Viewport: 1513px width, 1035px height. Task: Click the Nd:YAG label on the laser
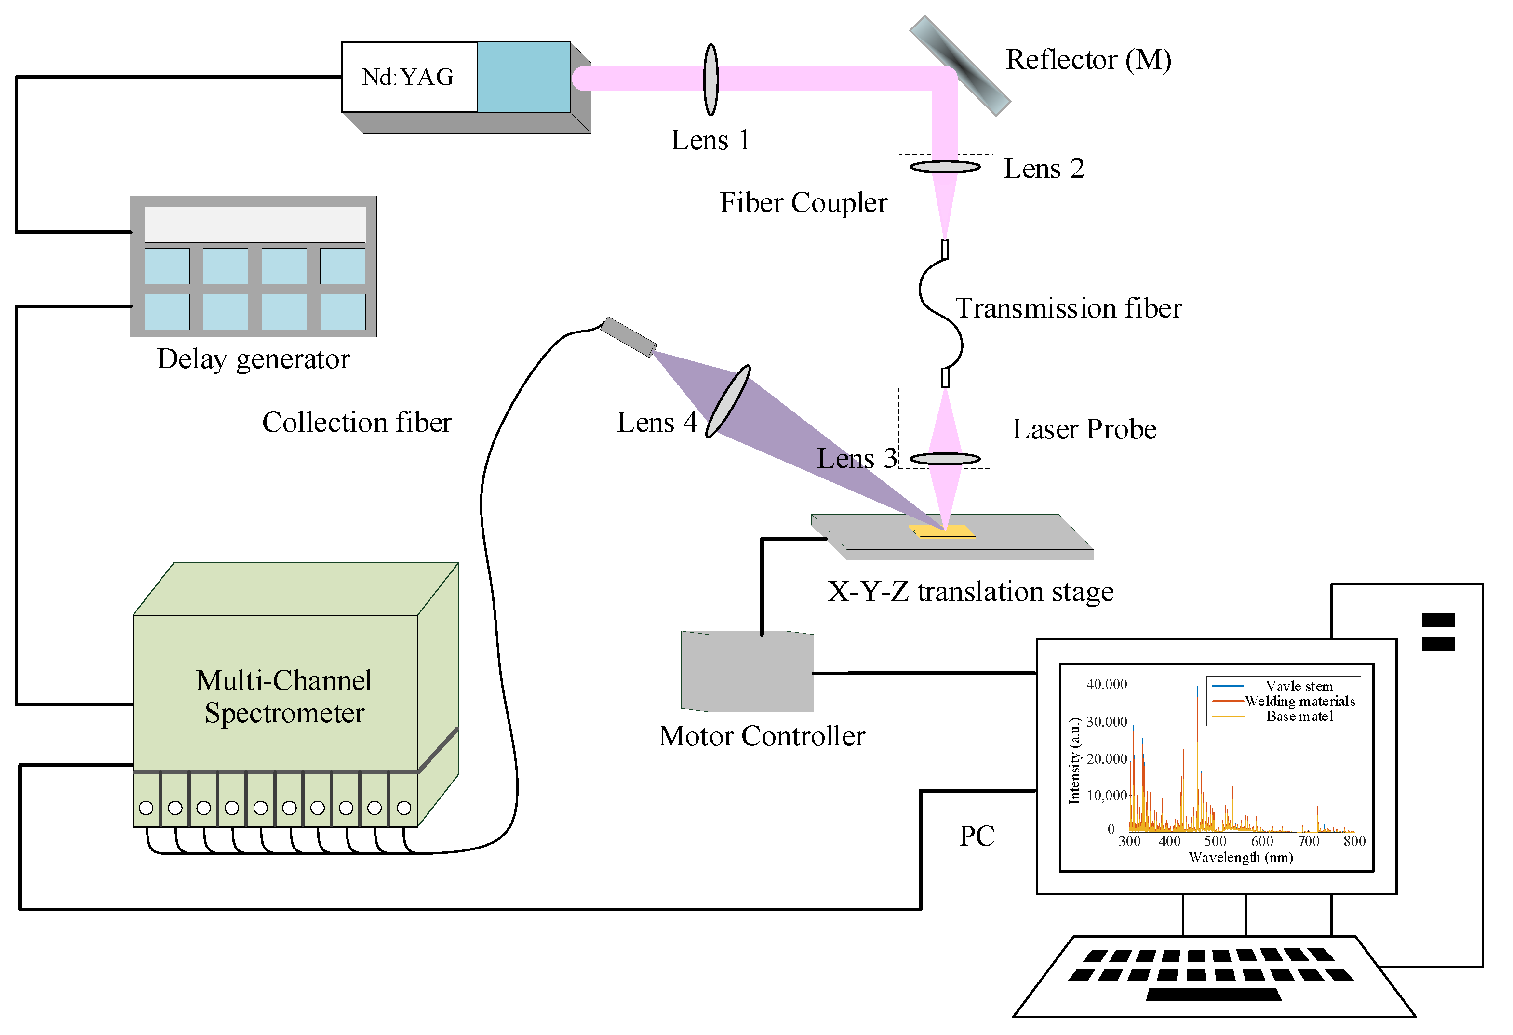(x=408, y=77)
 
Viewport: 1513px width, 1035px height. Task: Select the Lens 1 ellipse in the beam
(x=711, y=80)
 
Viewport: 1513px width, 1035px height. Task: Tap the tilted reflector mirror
(x=960, y=65)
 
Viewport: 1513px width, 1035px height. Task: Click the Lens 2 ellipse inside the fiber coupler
(x=945, y=167)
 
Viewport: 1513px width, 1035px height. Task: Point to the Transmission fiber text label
(x=1068, y=308)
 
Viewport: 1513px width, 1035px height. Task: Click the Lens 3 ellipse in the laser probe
(x=945, y=459)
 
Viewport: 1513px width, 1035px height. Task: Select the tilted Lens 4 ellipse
(x=728, y=400)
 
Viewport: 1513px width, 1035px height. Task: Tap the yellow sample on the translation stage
(x=942, y=532)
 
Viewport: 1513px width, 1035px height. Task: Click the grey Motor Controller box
(x=761, y=673)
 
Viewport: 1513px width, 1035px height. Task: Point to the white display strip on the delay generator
(x=254, y=225)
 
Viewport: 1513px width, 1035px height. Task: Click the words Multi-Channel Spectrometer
(x=284, y=697)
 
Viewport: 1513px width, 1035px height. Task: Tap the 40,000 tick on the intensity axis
(x=1106, y=684)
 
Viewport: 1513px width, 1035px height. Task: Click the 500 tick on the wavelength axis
(x=1215, y=841)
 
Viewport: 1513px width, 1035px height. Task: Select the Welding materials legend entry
(x=1299, y=701)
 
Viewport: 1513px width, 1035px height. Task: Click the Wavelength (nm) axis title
(x=1240, y=857)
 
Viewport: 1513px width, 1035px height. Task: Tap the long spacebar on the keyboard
(x=1213, y=995)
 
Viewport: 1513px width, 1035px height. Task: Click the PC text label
(x=977, y=836)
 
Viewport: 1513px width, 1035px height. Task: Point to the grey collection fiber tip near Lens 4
(x=628, y=336)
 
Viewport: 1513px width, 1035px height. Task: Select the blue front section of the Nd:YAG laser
(x=523, y=77)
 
